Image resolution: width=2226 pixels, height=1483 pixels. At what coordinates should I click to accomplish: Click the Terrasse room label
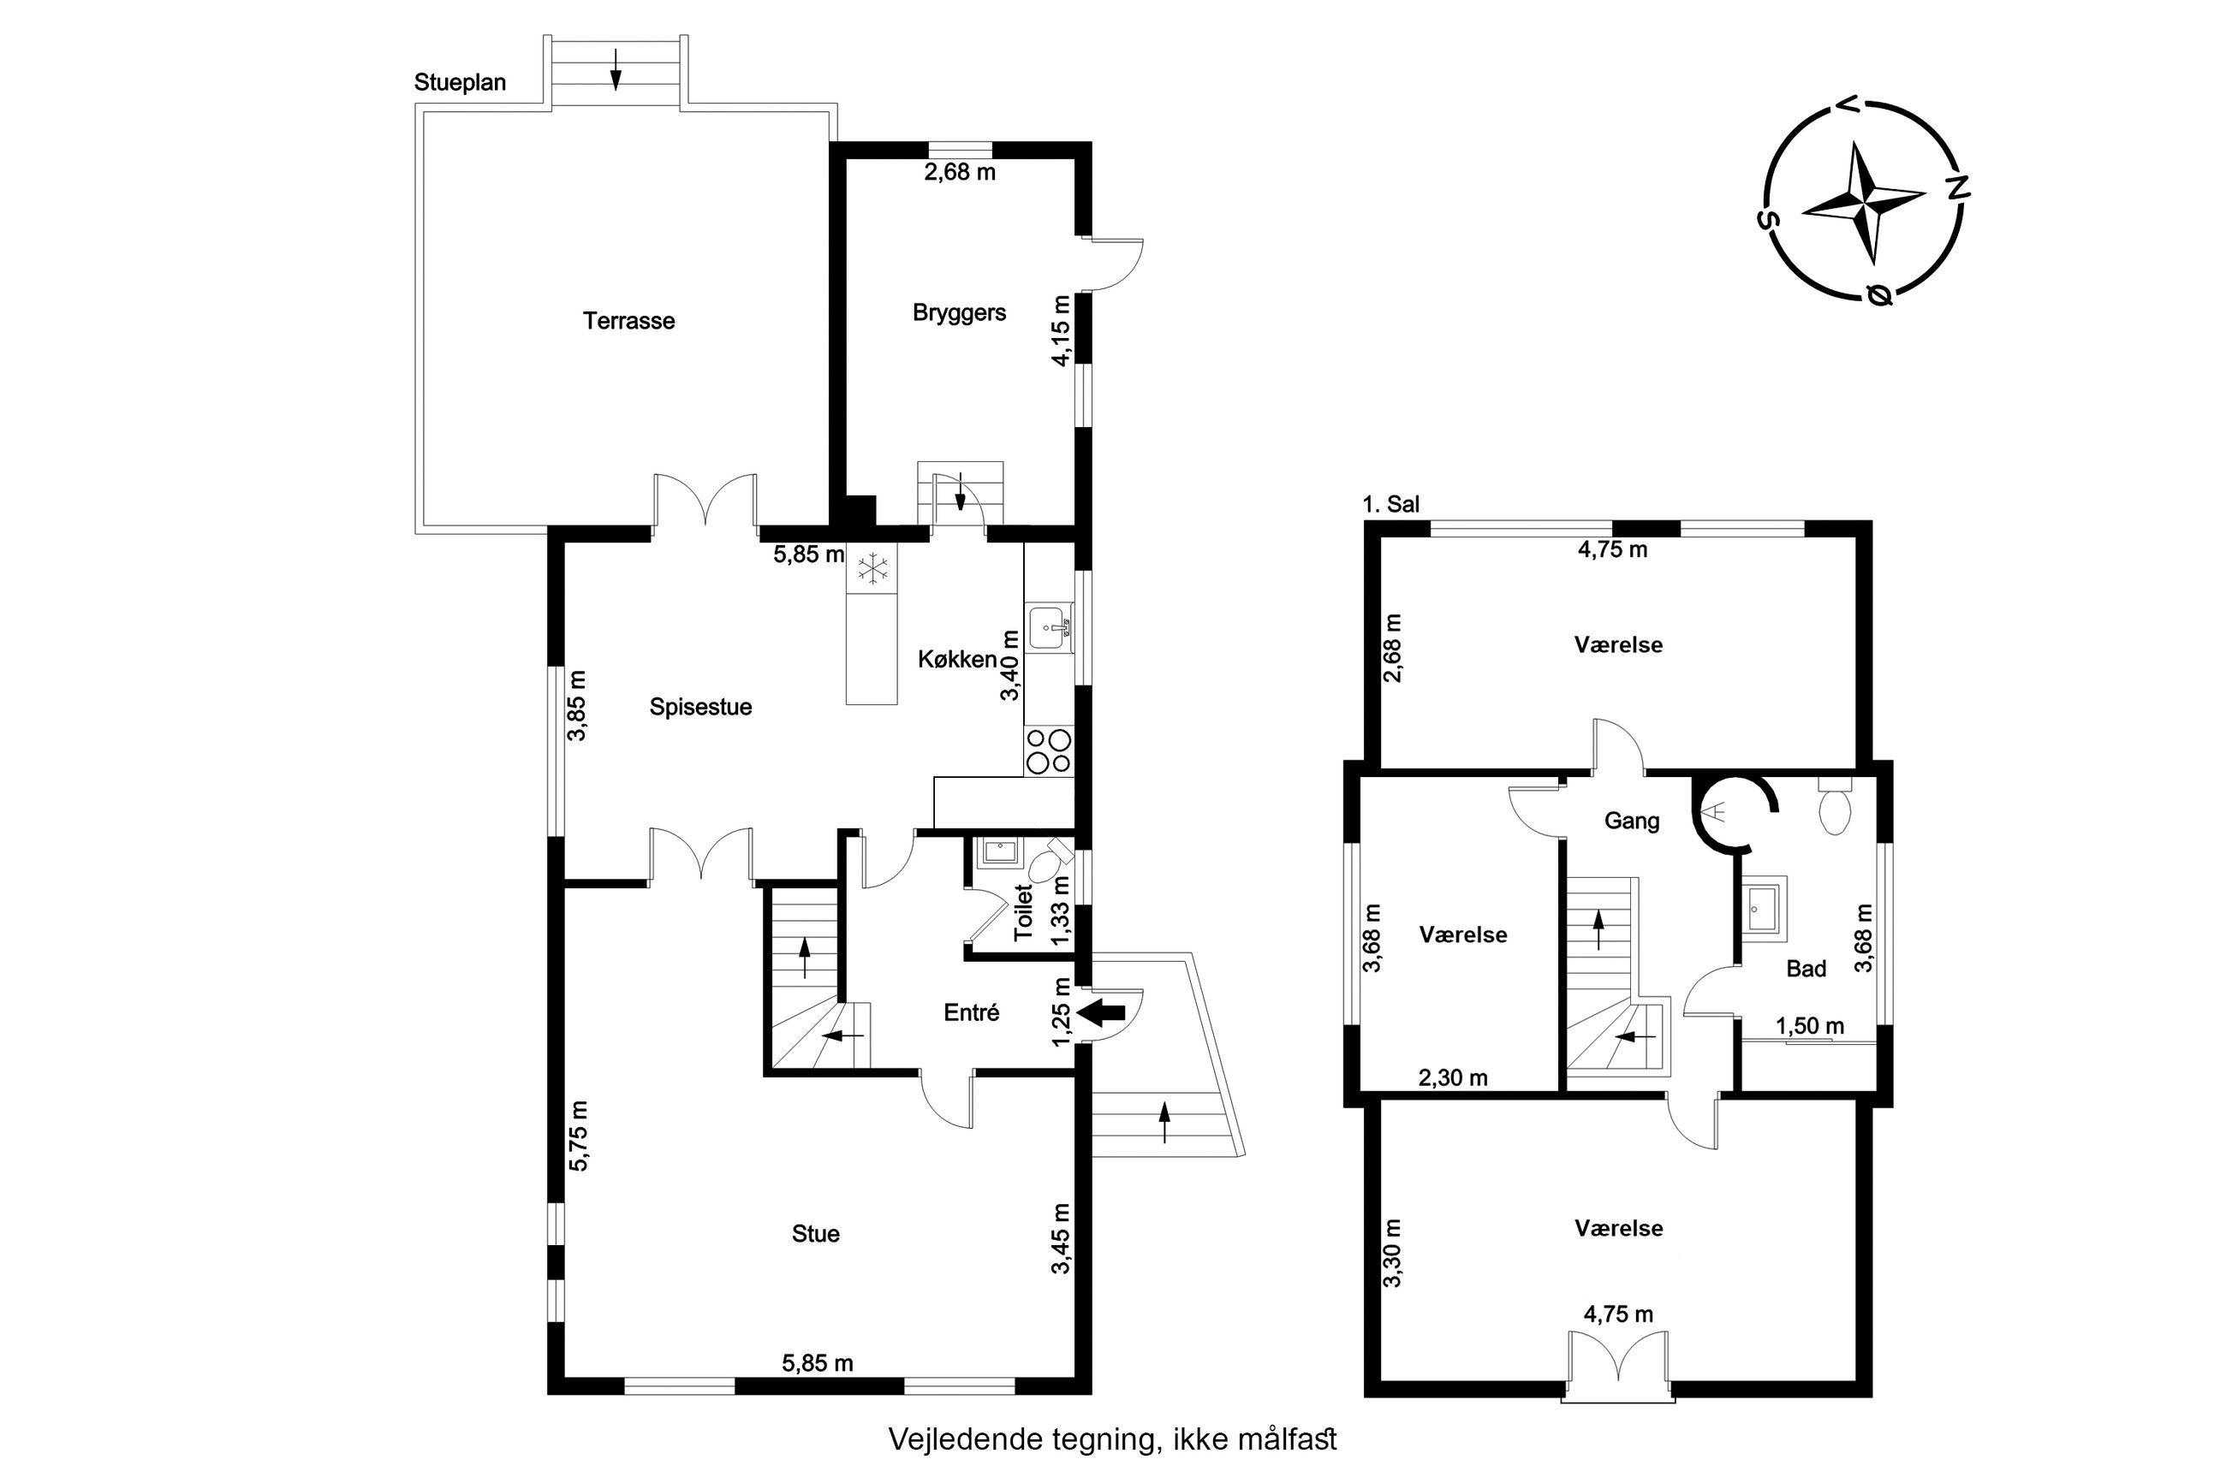click(x=629, y=321)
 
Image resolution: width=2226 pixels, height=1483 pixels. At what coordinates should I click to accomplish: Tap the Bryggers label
click(x=959, y=313)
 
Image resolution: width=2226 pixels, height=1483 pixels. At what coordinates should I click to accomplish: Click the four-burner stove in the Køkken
click(x=1049, y=751)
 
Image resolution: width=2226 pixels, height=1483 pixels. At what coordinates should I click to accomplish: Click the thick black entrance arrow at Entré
click(x=1102, y=1012)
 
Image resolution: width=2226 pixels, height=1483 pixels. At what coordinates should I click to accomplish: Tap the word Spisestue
click(x=700, y=708)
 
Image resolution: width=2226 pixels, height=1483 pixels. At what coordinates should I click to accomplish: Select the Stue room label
click(x=815, y=1233)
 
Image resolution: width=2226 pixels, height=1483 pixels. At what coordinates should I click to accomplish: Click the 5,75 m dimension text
click(x=578, y=1136)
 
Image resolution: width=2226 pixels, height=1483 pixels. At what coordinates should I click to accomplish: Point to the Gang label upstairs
click(x=1632, y=821)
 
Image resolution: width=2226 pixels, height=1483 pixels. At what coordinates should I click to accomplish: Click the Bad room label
click(x=1806, y=969)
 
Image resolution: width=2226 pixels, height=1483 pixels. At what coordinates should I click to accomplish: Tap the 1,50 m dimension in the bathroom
click(x=1810, y=1026)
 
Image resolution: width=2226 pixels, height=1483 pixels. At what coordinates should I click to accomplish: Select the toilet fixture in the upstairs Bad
click(x=1835, y=807)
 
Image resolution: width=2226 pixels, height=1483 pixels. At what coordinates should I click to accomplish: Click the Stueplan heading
click(x=460, y=83)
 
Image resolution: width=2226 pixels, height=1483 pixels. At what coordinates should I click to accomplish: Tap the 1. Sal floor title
click(x=1390, y=505)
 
